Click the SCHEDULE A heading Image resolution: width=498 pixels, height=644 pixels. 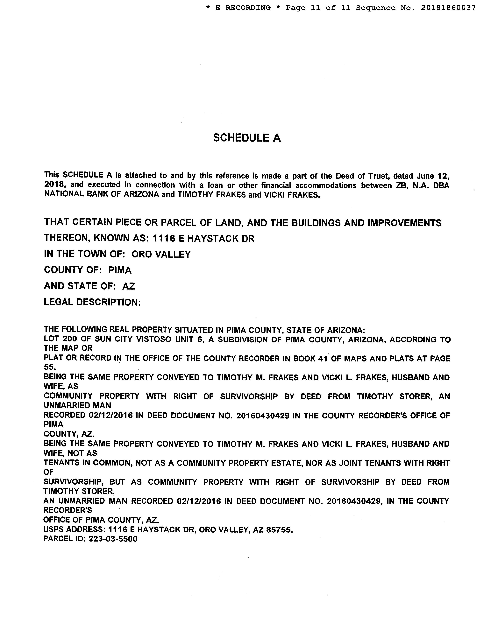pyautogui.click(x=247, y=138)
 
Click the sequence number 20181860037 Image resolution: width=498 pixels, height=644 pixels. pyautogui.click(x=448, y=8)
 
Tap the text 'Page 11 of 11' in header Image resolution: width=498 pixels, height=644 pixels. pyautogui.click(x=318, y=8)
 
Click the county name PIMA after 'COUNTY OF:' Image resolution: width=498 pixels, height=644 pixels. pyautogui.click(x=120, y=270)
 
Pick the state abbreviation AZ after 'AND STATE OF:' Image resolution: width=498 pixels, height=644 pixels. pyautogui.click(x=129, y=286)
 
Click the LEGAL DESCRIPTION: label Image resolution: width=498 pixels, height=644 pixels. pyautogui.click(x=92, y=302)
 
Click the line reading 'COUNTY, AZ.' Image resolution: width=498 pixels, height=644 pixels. pyautogui.click(x=69, y=434)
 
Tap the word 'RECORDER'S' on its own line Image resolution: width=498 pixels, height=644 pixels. pyautogui.click(x=68, y=510)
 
